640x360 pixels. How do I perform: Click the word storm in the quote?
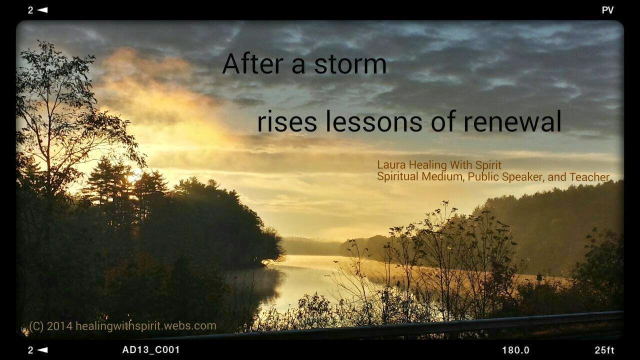click(350, 64)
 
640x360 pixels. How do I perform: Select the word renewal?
click(512, 121)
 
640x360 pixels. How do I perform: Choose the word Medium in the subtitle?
click(442, 176)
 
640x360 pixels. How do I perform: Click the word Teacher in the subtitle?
click(589, 177)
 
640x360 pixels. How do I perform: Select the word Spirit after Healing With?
click(488, 165)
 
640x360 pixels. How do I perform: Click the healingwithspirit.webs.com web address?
click(145, 326)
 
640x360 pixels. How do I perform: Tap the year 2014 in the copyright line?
click(59, 326)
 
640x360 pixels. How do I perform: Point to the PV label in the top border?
click(607, 10)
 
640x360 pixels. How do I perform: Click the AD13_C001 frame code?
click(151, 349)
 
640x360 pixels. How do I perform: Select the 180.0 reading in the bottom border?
click(515, 350)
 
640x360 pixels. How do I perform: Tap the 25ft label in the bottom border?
click(604, 350)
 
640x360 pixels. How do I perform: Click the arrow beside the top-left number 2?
click(42, 10)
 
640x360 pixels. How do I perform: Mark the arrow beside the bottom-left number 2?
click(42, 349)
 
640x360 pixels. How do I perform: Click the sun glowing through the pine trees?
click(133, 176)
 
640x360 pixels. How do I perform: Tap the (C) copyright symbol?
click(36, 326)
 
